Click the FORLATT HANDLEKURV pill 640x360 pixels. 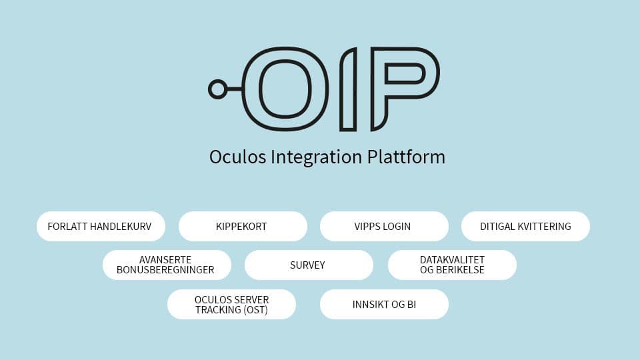click(x=99, y=227)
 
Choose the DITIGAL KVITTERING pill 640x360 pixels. click(x=525, y=227)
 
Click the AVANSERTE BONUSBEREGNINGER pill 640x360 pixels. click(x=167, y=265)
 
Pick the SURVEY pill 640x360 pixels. click(x=308, y=265)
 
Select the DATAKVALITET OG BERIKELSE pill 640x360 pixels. click(x=452, y=265)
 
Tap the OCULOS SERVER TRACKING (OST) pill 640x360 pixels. click(x=231, y=305)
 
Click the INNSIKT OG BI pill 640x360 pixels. click(x=384, y=305)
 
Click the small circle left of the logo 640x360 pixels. click(x=217, y=89)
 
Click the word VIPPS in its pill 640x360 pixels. click(x=367, y=227)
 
